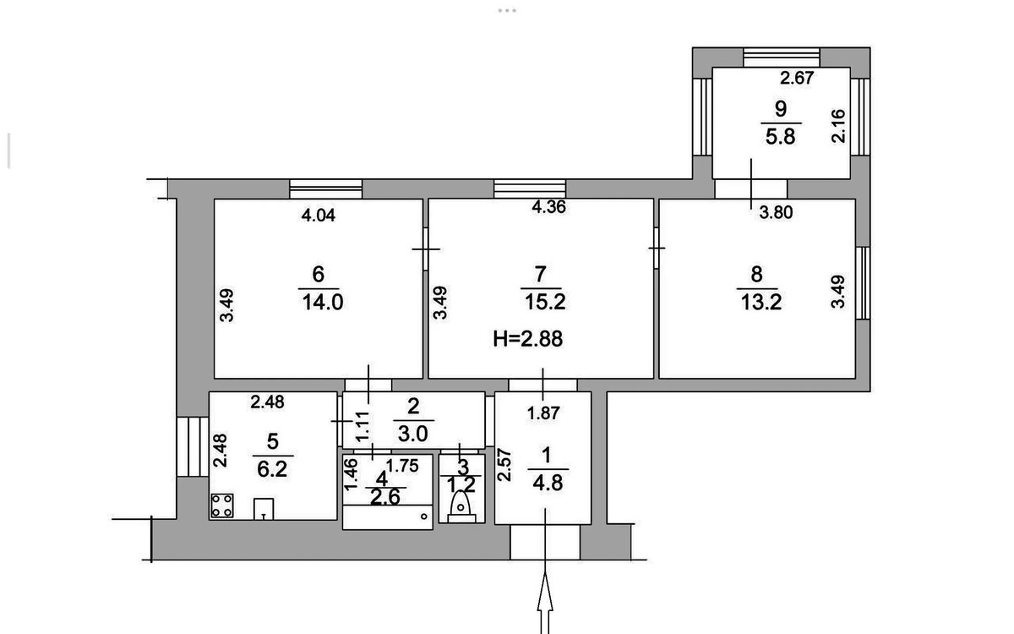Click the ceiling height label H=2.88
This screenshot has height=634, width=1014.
528,339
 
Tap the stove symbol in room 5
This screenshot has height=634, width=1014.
221,506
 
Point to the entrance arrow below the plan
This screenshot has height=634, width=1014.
545,602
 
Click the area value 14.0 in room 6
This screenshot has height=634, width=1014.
322,302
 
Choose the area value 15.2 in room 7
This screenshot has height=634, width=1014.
545,302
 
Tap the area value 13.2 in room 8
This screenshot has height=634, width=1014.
761,302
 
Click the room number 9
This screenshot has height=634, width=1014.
781,109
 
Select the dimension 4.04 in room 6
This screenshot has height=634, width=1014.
319,216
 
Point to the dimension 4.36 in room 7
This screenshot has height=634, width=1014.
548,207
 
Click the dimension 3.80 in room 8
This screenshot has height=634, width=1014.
776,212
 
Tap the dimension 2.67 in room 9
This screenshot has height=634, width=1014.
797,79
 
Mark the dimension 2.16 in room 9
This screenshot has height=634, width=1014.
838,126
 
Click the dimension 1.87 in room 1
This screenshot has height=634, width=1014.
543,413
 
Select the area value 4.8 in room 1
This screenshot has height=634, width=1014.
548,484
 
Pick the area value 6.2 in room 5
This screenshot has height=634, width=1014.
272,470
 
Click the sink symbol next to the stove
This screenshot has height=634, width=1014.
263,509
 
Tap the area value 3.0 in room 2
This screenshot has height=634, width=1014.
413,434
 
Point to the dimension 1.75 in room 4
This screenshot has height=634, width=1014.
402,466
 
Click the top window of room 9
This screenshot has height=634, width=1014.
782,58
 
